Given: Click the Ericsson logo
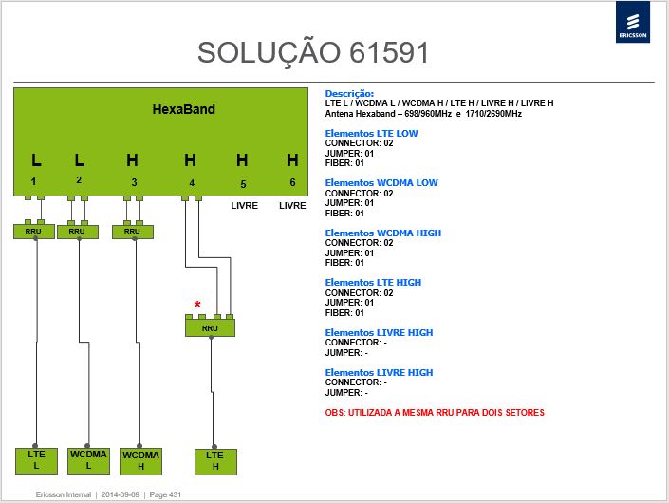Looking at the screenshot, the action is (633, 22).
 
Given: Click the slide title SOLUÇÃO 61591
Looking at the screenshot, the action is (313, 53).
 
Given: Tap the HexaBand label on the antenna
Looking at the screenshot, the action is (184, 109).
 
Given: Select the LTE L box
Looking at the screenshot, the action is (36, 460).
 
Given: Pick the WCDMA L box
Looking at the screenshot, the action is (88, 460).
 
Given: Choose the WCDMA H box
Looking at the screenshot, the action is (140, 461).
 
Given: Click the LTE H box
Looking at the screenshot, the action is (215, 461).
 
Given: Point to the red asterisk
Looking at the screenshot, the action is (197, 305).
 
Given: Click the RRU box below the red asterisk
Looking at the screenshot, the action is (210, 328).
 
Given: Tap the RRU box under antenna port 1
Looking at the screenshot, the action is (34, 232).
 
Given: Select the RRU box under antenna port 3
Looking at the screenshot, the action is (133, 232).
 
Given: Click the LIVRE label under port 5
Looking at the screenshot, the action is (245, 206).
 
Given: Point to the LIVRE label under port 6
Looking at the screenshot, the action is (292, 206).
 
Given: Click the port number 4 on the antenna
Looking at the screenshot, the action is (192, 183).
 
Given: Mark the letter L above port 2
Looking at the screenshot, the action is (80, 160).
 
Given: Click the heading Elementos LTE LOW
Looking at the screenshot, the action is (371, 134).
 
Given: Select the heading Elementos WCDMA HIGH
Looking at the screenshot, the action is (383, 233).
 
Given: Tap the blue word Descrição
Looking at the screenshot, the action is (349, 93).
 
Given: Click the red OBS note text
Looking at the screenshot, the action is (435, 413).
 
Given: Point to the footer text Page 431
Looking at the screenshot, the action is (165, 494).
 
